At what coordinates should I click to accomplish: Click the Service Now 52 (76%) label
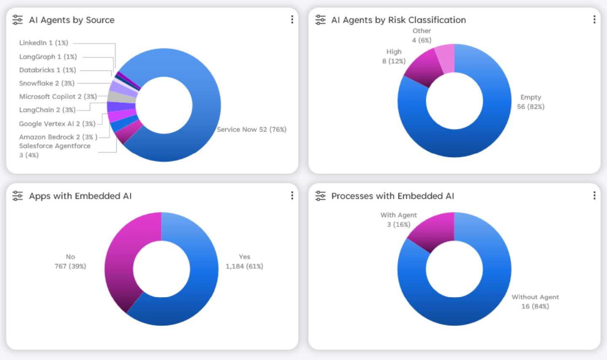[252, 129]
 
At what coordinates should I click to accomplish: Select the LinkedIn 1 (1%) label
[43, 43]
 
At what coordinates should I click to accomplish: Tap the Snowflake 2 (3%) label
[47, 83]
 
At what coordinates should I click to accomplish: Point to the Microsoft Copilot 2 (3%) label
[58, 97]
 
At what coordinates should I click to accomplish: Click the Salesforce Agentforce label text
[55, 146]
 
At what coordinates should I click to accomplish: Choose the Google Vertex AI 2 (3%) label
[57, 124]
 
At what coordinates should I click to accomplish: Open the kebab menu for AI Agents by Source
[292, 20]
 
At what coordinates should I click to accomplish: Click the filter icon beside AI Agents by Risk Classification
[320, 20]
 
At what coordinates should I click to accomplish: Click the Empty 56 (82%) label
[531, 102]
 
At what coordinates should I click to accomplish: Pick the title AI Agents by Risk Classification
[398, 20]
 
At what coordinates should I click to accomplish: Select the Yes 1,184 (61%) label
[244, 262]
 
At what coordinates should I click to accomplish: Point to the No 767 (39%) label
[70, 262]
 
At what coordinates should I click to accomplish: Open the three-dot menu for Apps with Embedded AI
[292, 196]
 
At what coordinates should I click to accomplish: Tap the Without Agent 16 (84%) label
[535, 302]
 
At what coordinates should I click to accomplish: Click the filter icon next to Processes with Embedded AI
[320, 196]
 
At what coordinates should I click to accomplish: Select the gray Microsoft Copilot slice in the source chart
[121, 97]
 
